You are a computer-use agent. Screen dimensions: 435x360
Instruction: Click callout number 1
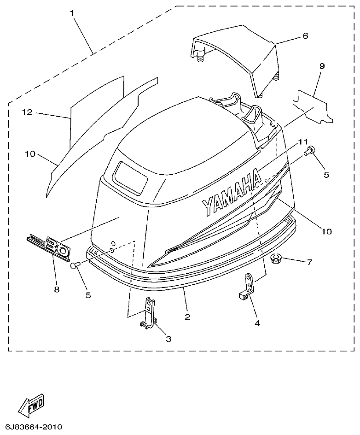[72, 13]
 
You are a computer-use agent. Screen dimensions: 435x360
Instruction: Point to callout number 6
[305, 35]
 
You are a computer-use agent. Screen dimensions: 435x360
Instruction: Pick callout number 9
[322, 66]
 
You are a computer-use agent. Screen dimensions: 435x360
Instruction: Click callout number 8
[57, 289]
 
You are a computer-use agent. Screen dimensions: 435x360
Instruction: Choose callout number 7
[309, 262]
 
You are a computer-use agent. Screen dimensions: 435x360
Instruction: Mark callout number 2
[187, 317]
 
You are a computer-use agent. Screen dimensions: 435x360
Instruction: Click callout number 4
[257, 323]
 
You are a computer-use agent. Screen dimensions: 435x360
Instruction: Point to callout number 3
[168, 339]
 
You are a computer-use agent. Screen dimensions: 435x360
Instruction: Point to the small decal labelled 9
[314, 107]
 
